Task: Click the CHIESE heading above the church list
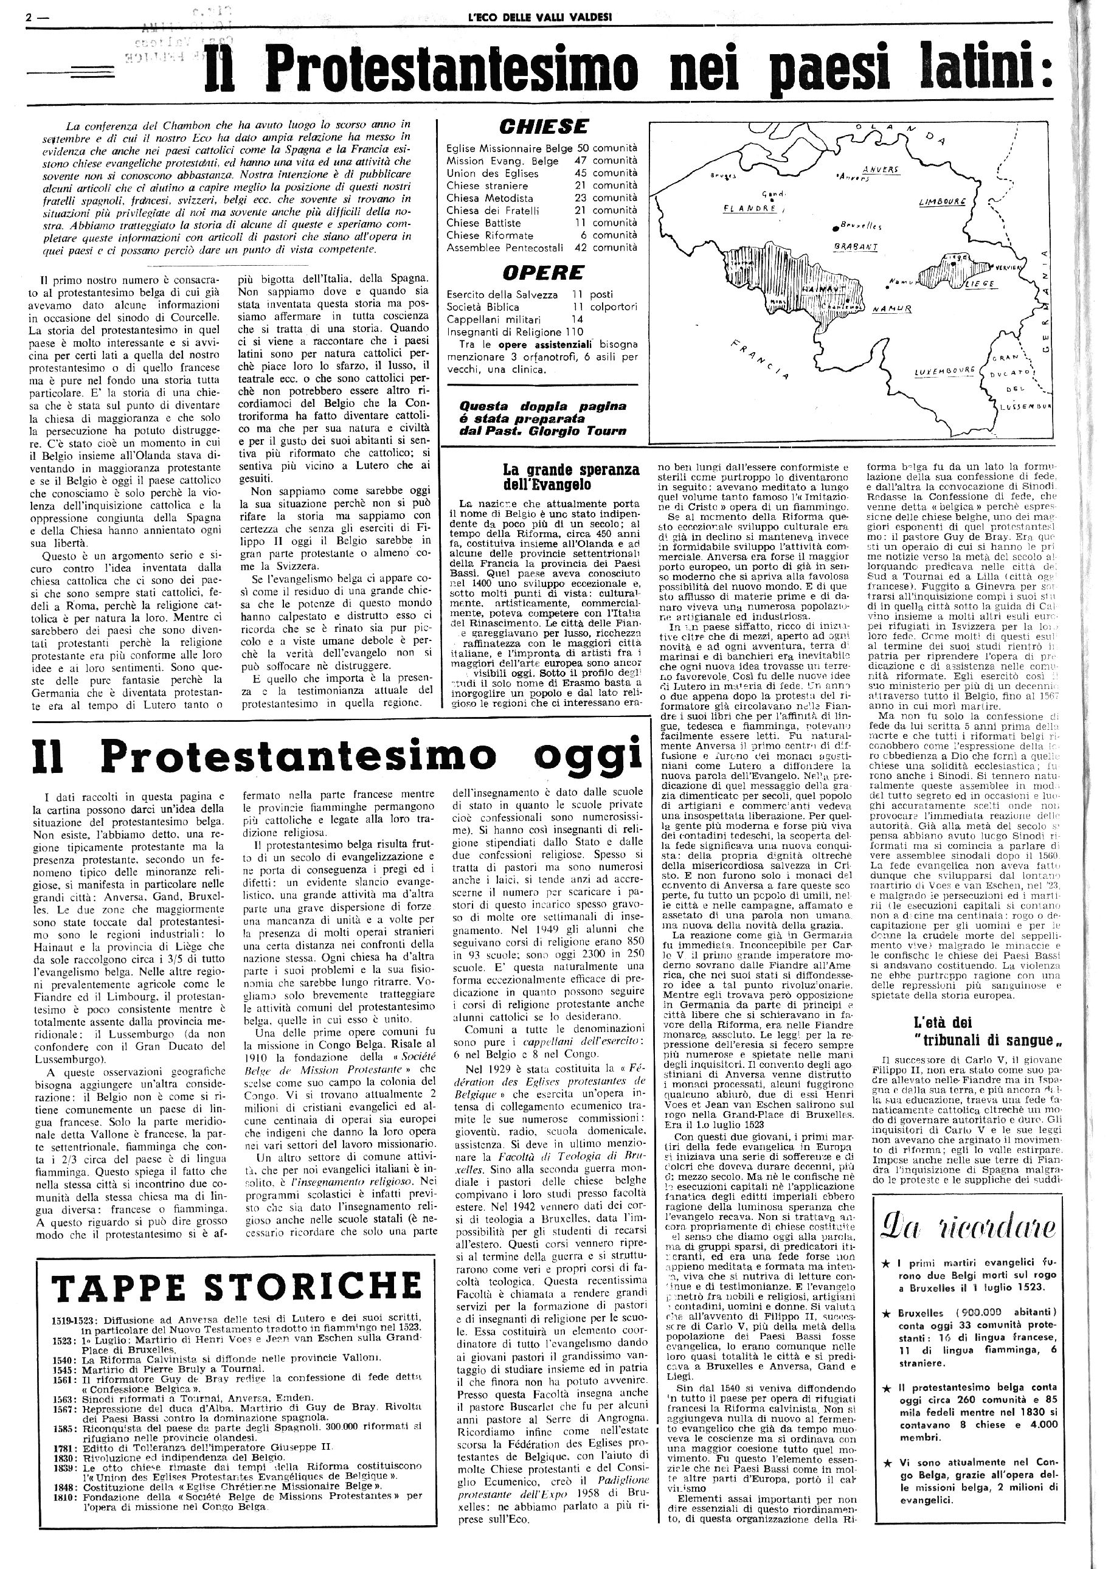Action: (x=544, y=126)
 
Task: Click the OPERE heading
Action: (x=543, y=272)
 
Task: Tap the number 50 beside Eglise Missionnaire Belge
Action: (x=582, y=148)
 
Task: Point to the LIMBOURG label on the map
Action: (x=942, y=203)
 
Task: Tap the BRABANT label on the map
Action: (x=855, y=247)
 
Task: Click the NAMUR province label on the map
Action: (x=891, y=309)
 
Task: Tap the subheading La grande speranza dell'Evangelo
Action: (x=571, y=477)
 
